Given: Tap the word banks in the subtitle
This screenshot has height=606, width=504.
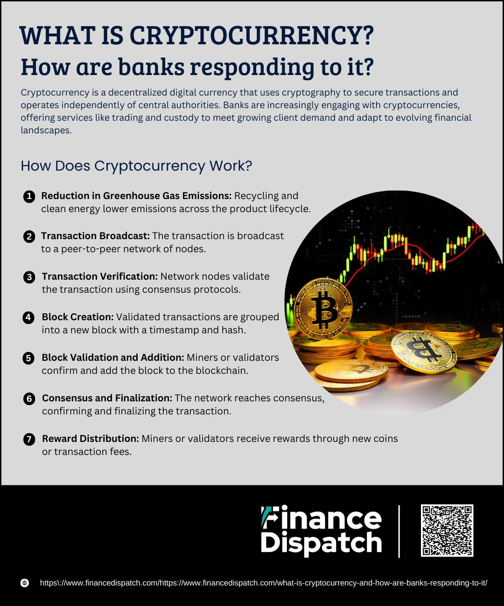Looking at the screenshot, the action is (151, 67).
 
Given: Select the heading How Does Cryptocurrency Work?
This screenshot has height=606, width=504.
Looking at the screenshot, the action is (136, 166).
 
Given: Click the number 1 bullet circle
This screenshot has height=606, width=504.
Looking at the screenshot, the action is (29, 197).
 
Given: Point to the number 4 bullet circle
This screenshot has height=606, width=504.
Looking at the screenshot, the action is (28, 317).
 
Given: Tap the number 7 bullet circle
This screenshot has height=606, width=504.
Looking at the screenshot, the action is (29, 439).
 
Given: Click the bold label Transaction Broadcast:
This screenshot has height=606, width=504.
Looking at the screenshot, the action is (95, 236).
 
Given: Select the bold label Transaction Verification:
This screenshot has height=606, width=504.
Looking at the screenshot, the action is (100, 276).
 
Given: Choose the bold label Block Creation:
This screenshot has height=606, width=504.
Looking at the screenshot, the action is (77, 317).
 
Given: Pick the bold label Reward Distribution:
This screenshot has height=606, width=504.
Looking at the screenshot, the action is (91, 439).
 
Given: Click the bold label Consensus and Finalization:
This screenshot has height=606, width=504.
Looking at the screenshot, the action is (107, 398).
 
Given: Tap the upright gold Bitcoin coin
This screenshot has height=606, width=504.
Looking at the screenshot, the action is (323, 309).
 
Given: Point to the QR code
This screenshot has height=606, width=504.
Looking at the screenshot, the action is (447, 530).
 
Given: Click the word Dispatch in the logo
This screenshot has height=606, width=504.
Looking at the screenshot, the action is (321, 544).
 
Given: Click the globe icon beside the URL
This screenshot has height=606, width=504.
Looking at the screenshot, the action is (25, 583).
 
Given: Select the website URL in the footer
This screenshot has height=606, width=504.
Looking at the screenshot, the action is (264, 583).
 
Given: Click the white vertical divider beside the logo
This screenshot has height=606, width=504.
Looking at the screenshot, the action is (399, 531).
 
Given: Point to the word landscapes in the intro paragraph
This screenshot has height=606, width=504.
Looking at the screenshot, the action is (46, 131).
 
